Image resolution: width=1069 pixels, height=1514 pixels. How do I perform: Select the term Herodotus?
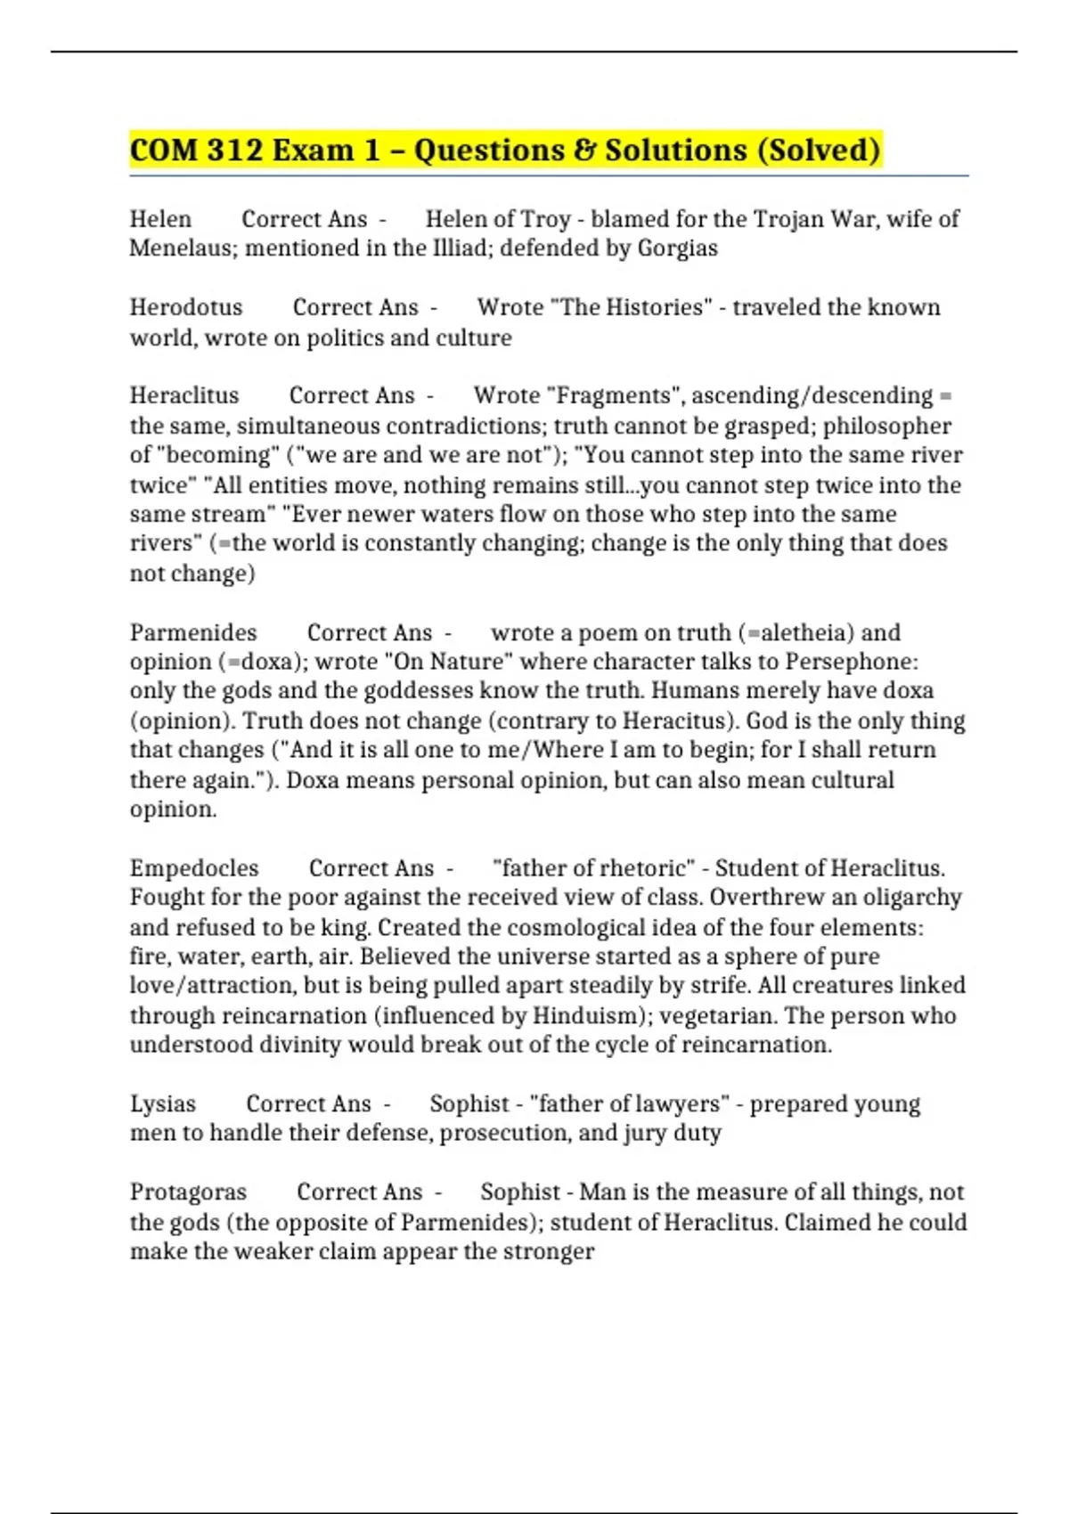(186, 307)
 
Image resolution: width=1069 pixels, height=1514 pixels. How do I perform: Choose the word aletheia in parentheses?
(799, 632)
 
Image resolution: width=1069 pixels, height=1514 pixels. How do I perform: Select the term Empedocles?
(194, 868)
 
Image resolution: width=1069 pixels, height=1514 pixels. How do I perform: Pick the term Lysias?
(163, 1103)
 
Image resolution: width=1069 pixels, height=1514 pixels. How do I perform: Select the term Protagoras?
(188, 1192)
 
